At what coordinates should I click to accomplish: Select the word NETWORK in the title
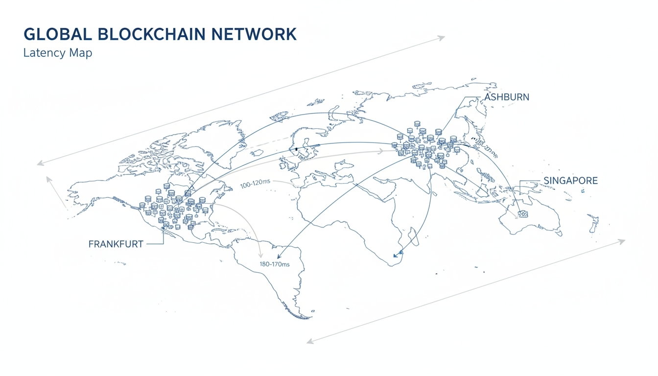coord(258,35)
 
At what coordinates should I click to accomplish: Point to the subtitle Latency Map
coord(57,53)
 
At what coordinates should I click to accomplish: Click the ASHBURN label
coord(506,97)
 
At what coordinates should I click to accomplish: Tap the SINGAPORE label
coord(570,181)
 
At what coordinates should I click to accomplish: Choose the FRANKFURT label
coord(116,244)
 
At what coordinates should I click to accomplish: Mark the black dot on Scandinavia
coord(296,148)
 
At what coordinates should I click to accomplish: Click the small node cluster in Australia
coord(523,213)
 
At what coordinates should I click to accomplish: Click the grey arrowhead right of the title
coord(442,37)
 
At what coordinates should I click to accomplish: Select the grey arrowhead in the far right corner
coord(622,241)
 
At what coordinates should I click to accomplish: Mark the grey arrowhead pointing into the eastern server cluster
coord(380,152)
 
